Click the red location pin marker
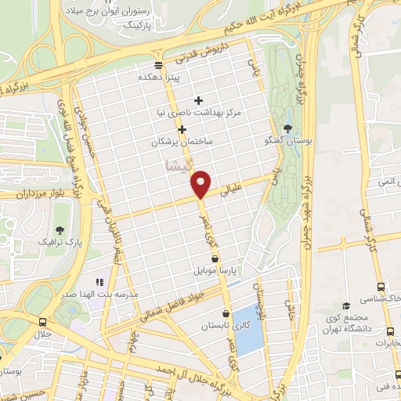202,183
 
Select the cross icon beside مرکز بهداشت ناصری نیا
198,100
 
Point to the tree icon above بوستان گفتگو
288,128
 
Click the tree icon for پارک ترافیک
60,229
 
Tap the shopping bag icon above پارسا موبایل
214,258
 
